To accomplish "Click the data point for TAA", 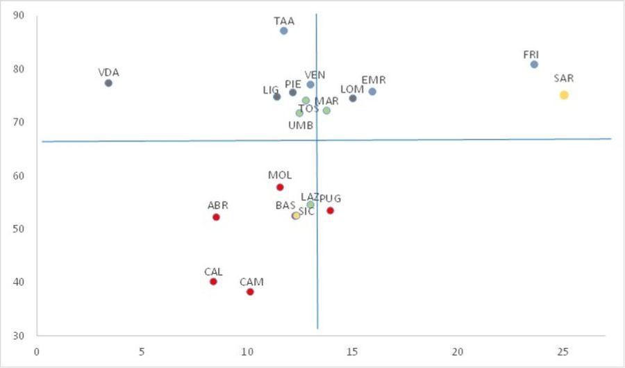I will pyautogui.click(x=284, y=31).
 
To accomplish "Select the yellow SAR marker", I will pyautogui.click(x=564, y=95).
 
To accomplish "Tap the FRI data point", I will pyautogui.click(x=534, y=65).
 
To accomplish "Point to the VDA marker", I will pyautogui.click(x=108, y=83).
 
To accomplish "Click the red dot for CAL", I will pyautogui.click(x=213, y=281).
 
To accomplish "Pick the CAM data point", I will pyautogui.click(x=250, y=292).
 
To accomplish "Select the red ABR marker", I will pyautogui.click(x=216, y=217).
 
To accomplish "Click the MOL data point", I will pyautogui.click(x=280, y=187).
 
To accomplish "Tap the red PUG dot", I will pyautogui.click(x=330, y=210).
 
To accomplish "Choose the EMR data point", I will pyautogui.click(x=372, y=92).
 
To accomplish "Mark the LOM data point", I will pyautogui.click(x=353, y=98).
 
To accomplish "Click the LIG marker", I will pyautogui.click(x=276, y=97).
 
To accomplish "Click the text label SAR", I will pyautogui.click(x=564, y=78).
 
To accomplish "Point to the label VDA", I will pyautogui.click(x=108, y=72).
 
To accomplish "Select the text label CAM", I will pyautogui.click(x=251, y=282).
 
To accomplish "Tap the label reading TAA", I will pyautogui.click(x=284, y=21).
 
